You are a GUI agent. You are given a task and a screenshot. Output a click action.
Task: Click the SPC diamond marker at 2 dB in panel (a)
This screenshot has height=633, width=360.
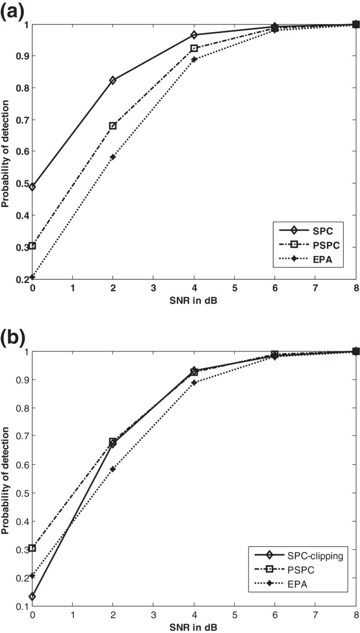click(x=112, y=80)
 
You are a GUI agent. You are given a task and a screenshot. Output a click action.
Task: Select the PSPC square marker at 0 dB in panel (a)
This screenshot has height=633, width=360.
click(x=33, y=245)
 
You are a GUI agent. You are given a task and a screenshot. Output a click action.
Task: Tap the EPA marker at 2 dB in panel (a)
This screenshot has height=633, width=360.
click(x=112, y=157)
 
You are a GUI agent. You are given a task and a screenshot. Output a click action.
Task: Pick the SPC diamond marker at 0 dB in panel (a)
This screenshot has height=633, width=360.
click(x=33, y=187)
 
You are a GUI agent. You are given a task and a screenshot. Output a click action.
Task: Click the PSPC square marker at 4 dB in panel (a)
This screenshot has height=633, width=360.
click(x=194, y=48)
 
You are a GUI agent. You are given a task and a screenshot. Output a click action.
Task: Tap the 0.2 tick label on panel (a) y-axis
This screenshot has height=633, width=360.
click(x=21, y=279)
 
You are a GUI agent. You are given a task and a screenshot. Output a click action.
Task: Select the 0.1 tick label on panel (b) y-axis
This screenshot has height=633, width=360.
click(x=21, y=607)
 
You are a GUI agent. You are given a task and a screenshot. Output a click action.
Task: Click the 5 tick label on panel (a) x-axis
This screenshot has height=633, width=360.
click(x=234, y=289)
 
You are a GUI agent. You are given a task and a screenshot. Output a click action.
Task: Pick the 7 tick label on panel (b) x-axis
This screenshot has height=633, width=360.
click(x=315, y=616)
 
